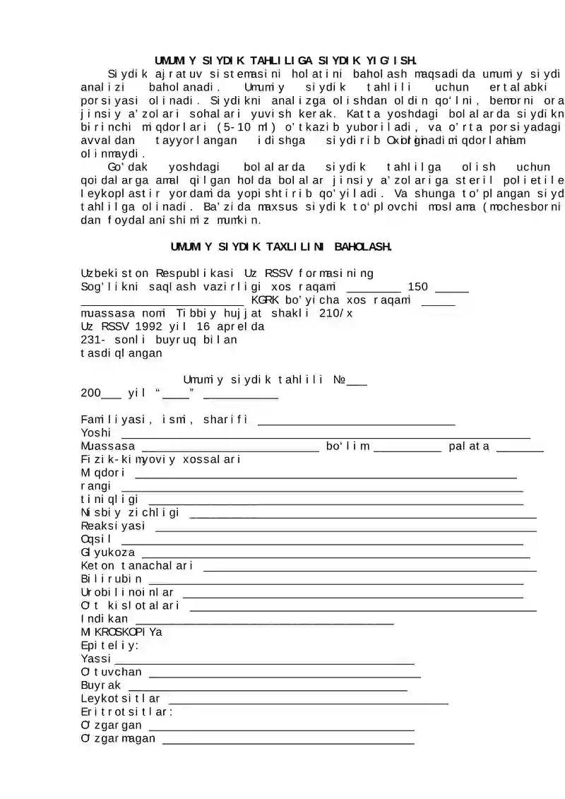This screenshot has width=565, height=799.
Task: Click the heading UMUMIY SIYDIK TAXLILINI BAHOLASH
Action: [x=281, y=247]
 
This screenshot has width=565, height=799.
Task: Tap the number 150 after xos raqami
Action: [x=418, y=287]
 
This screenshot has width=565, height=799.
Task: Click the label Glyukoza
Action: [x=108, y=552]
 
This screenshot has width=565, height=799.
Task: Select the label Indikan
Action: [x=105, y=619]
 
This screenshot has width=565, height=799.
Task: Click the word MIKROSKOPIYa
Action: [x=121, y=632]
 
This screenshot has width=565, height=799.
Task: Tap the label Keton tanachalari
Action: [x=137, y=566]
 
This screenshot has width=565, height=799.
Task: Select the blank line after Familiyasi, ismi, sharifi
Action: [x=356, y=423]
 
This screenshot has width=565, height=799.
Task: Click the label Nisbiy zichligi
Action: [x=130, y=512]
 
